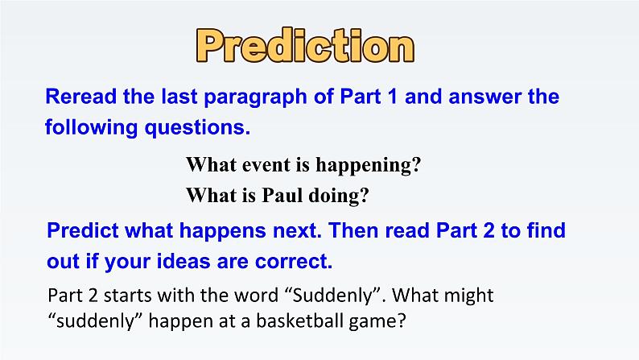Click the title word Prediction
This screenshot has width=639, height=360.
click(305, 46)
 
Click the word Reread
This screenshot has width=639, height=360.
click(81, 97)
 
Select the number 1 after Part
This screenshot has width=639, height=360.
click(392, 97)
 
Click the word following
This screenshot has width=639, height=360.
click(91, 128)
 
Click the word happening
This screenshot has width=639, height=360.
click(369, 166)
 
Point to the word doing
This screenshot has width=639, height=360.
click(338, 196)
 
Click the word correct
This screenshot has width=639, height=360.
click(294, 262)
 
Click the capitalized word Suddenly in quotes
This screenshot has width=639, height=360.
click(333, 296)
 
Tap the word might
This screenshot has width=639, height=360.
click(468, 296)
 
